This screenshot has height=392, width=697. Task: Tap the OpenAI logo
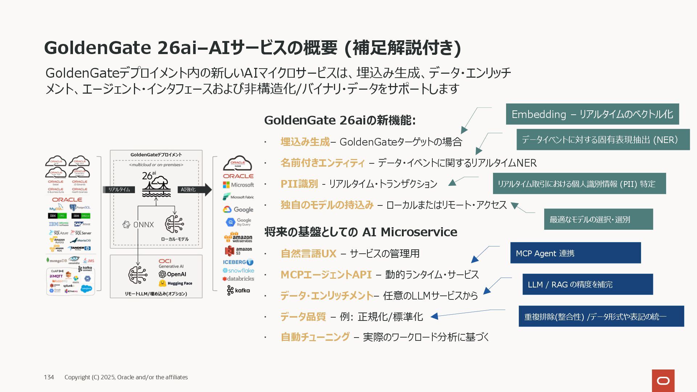172,274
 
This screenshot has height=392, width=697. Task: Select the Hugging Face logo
176,283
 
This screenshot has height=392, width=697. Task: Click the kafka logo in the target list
238,290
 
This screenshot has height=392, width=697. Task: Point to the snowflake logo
238,270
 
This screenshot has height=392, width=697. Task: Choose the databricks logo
238,279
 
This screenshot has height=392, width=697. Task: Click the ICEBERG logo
238,262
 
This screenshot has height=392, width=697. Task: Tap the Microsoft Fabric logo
238,197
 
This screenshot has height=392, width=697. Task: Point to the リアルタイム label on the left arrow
119,189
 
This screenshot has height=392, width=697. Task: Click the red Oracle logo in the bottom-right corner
663,381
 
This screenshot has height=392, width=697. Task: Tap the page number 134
49,377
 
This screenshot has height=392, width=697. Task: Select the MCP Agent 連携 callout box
575,253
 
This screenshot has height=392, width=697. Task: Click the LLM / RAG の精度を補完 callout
587,284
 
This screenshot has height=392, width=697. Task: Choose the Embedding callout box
592,114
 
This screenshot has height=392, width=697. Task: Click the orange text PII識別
299,184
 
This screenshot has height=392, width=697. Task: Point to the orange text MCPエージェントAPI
326,275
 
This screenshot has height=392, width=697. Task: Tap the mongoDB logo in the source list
57,261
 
